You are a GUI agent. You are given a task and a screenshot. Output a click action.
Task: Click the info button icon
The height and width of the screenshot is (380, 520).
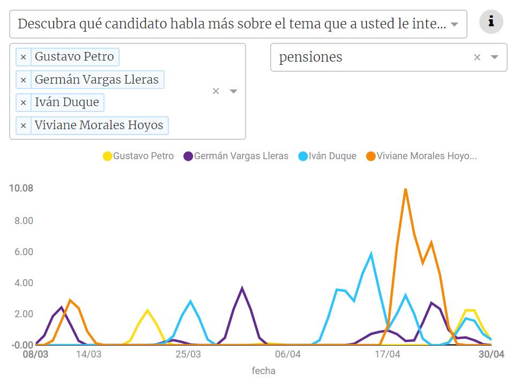491,22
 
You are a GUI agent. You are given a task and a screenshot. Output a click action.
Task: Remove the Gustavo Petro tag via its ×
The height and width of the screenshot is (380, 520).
23,57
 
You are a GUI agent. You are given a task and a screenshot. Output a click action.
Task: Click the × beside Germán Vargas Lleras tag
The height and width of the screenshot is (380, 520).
23,80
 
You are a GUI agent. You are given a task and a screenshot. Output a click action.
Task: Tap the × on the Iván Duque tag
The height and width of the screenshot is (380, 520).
23,102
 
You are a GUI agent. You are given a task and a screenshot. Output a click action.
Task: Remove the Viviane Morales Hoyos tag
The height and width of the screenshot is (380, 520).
23,126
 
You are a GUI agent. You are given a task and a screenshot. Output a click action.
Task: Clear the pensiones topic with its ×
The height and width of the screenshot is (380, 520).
477,57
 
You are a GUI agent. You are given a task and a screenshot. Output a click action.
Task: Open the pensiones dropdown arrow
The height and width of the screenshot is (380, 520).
495,57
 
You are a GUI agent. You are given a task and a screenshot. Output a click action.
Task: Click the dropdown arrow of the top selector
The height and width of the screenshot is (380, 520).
455,24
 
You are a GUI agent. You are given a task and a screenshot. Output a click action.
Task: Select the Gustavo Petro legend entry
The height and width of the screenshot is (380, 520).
138,157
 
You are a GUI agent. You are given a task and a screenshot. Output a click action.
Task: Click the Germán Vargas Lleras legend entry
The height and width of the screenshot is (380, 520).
235,157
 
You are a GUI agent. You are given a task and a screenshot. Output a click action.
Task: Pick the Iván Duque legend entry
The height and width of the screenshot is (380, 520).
326,157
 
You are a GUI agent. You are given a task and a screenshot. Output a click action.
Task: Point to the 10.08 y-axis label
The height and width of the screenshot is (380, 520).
21,188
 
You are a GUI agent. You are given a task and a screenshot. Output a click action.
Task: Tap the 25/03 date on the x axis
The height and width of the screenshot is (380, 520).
189,355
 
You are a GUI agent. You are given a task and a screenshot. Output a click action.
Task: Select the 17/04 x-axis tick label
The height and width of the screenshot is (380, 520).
387,355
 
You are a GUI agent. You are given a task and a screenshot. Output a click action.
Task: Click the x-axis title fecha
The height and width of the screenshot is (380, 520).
264,370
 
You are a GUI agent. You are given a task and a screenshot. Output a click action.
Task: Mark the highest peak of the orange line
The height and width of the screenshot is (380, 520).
406,189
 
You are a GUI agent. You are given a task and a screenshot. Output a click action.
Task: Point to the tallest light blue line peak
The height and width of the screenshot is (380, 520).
371,254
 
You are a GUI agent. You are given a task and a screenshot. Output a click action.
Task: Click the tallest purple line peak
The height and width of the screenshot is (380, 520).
242,288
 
